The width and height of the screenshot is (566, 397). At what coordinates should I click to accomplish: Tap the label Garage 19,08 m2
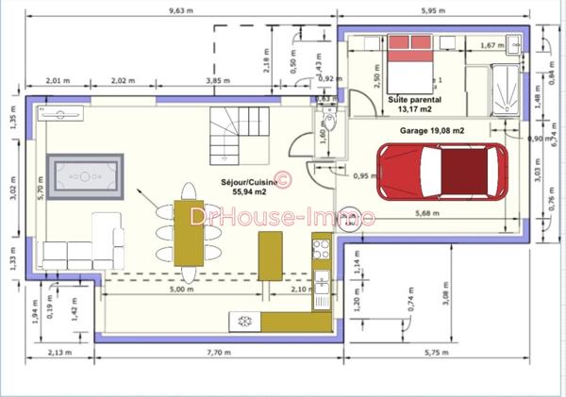[432, 130]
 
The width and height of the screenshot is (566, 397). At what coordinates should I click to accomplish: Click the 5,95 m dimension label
[433, 10]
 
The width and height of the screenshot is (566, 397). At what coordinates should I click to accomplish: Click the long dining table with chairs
[188, 233]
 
